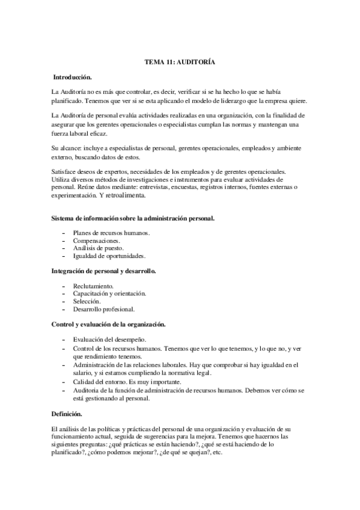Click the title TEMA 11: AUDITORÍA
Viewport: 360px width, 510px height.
pos(180,62)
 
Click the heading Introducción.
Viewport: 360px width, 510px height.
pos(72,78)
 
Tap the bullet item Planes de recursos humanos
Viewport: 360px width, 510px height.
pos(111,232)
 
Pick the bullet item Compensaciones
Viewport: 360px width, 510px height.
pos(97,240)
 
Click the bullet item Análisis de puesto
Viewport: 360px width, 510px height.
pos(99,248)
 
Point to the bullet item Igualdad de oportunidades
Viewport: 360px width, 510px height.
pos(109,256)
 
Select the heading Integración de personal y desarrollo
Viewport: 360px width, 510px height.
pos(104,271)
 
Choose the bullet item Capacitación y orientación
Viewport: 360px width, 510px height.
pos(109,293)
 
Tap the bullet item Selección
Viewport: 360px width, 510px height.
pos(88,301)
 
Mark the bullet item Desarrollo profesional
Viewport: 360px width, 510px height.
pos(104,309)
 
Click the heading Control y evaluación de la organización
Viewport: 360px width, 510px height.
pos(108,324)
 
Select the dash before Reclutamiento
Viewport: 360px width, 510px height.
pos(64,286)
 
